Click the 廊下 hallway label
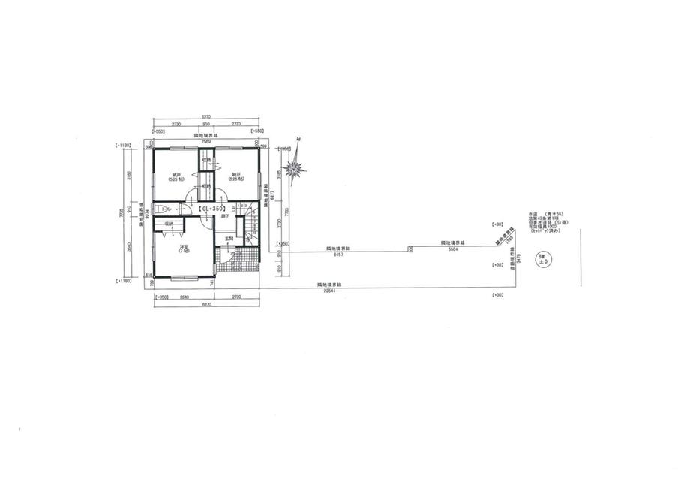[x=224, y=217]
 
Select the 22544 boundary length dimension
[x=328, y=290]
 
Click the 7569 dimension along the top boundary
[x=205, y=140]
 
